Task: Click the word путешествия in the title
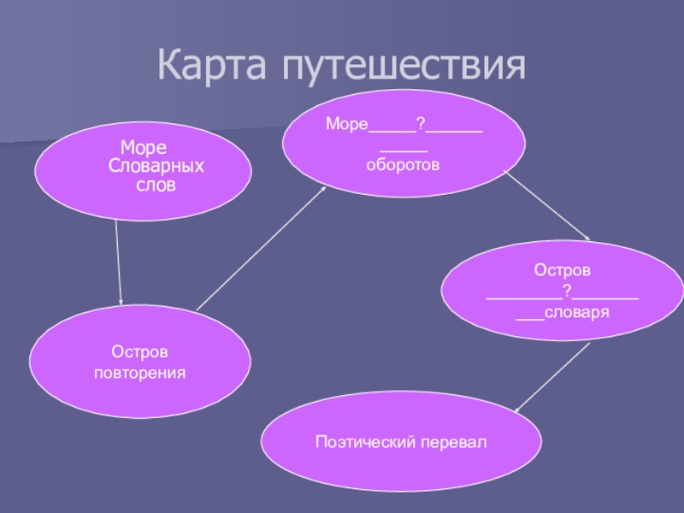tap(402, 65)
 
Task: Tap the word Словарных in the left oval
tap(156, 166)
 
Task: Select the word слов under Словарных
tap(155, 183)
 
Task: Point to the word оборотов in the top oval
tap(403, 165)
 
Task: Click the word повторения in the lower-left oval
tap(139, 374)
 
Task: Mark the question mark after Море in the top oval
tap(420, 125)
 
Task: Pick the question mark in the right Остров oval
tap(565, 292)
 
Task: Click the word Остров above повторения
tap(139, 352)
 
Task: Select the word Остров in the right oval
tap(562, 270)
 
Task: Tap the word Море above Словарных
tap(143, 149)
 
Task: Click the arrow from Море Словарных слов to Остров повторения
tap(118, 261)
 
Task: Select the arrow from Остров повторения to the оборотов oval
tap(262, 247)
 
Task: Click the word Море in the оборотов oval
tap(346, 126)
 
